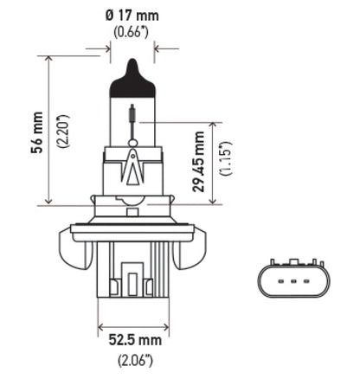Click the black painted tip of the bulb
pos(131,68)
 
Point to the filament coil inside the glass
pos(131,113)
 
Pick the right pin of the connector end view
pos(306,282)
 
